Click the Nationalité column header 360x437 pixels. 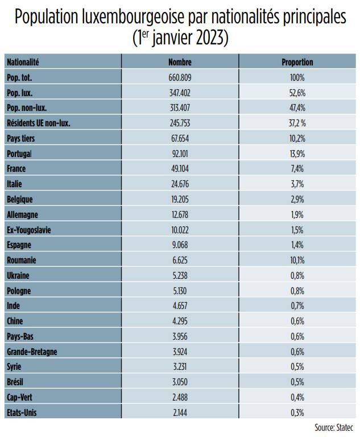pos(23,62)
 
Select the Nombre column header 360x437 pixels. pos(180,62)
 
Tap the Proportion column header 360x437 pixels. pos(297,62)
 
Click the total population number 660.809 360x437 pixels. pos(180,77)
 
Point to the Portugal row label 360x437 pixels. pos(19,154)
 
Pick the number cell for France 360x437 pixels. pos(180,169)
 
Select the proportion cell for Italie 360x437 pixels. pos(297,184)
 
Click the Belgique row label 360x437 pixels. pos(20,200)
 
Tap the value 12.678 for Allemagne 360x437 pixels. pos(180,215)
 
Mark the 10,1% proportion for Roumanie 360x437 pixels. pos(297,261)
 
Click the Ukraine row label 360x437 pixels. pos(18,276)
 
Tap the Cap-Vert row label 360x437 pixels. pos(20,398)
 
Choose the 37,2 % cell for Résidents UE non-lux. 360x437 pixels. pos(297,123)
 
